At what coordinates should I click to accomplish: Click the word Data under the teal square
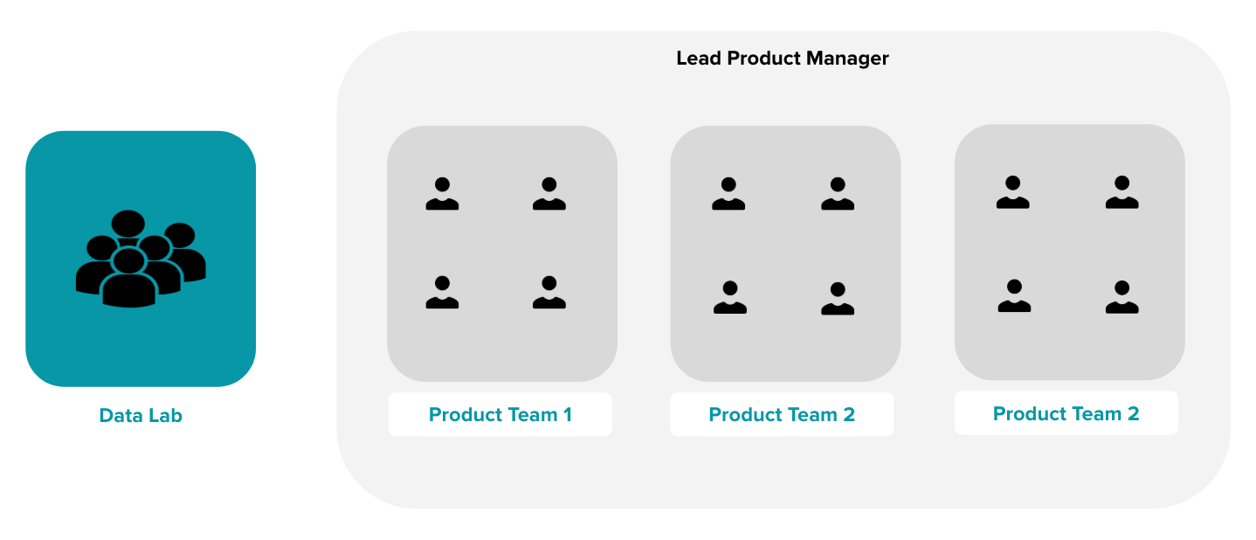click(x=119, y=416)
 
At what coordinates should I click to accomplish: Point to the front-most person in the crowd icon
click(x=129, y=278)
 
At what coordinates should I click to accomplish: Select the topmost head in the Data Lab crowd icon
click(x=128, y=224)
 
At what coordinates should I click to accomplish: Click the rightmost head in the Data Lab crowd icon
click(x=179, y=236)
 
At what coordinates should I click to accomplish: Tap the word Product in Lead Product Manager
click(x=763, y=59)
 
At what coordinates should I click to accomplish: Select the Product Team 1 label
click(x=500, y=415)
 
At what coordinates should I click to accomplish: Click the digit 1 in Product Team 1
click(x=568, y=415)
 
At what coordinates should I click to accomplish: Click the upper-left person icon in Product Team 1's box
click(x=443, y=194)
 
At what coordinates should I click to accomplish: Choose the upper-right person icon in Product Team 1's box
click(x=549, y=194)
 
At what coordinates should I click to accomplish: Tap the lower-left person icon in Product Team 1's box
click(x=443, y=292)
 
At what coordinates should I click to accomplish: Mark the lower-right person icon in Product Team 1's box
click(x=549, y=292)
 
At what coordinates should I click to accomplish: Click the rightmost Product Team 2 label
click(x=1066, y=414)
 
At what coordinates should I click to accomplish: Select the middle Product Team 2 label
click(x=782, y=415)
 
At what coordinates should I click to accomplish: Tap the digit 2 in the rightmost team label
click(x=1133, y=414)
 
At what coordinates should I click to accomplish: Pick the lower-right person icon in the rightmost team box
click(x=1122, y=297)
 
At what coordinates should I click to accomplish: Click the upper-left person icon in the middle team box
click(x=728, y=194)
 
